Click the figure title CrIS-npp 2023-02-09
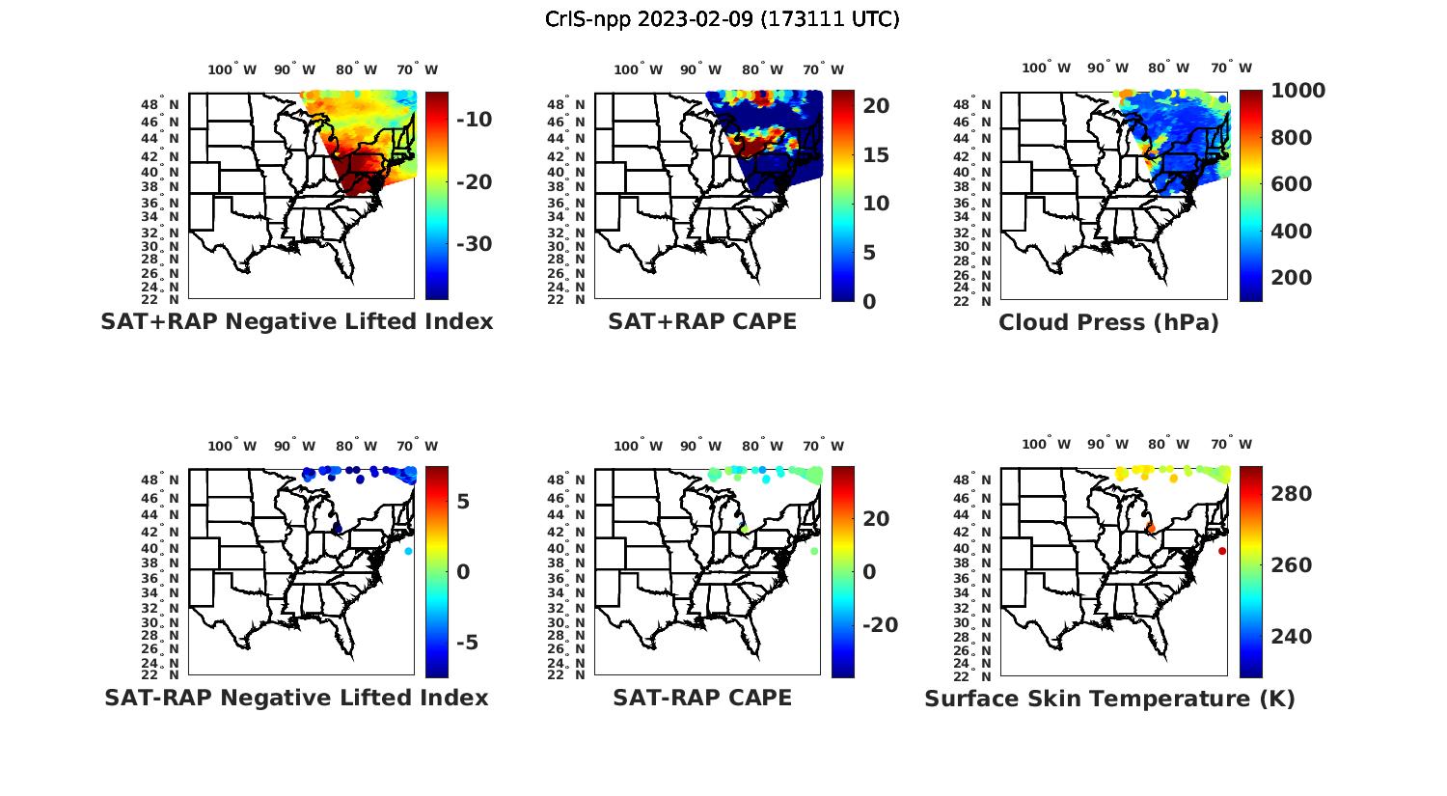click(x=722, y=19)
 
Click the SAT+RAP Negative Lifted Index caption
click(x=297, y=322)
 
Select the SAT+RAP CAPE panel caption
click(x=702, y=322)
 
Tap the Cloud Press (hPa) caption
click(x=1108, y=323)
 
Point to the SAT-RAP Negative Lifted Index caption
click(x=296, y=698)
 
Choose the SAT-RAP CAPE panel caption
click(x=702, y=698)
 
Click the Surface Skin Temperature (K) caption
click(x=1109, y=699)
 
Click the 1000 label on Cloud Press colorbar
click(x=1297, y=91)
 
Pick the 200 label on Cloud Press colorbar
click(x=1292, y=278)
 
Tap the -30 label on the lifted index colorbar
click(x=474, y=244)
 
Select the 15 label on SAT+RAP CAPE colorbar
click(x=876, y=155)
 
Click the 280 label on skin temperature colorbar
click(x=1292, y=494)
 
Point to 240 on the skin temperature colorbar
click(x=1292, y=637)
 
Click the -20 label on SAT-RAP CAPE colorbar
click(x=879, y=625)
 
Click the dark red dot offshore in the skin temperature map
click(x=1221, y=551)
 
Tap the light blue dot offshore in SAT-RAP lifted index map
click(x=408, y=551)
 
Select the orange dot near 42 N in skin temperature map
click(x=1151, y=528)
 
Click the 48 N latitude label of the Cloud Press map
click(x=982, y=105)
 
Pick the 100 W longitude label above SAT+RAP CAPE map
click(x=639, y=69)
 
